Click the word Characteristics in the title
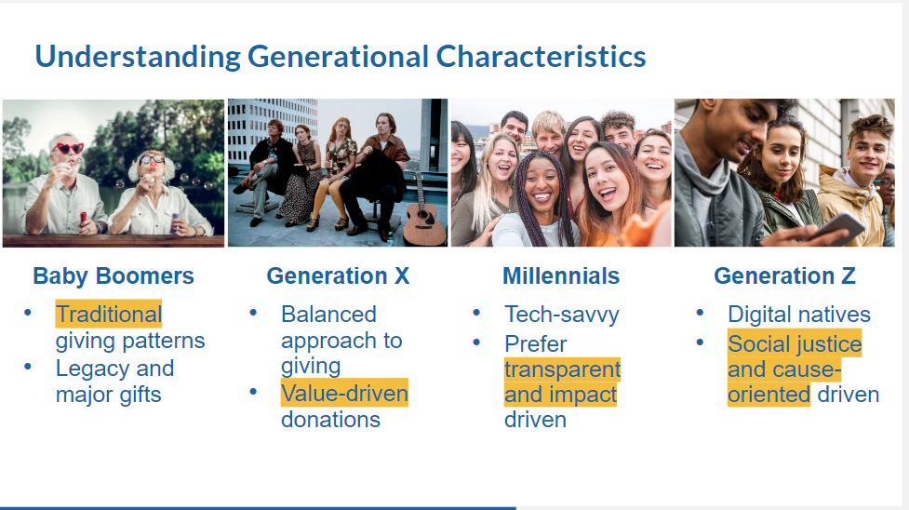pyautogui.click(x=541, y=56)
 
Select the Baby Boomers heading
pyautogui.click(x=114, y=275)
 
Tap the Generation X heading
pyautogui.click(x=338, y=275)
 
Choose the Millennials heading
pyautogui.click(x=561, y=275)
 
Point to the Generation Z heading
pyautogui.click(x=784, y=275)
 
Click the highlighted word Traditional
pyautogui.click(x=109, y=314)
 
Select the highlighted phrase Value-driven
pyautogui.click(x=344, y=394)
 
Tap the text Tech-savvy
pyautogui.click(x=562, y=315)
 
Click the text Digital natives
pyautogui.click(x=799, y=314)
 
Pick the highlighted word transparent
pyautogui.click(x=562, y=369)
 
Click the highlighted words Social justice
pyautogui.click(x=795, y=343)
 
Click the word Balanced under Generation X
pyautogui.click(x=328, y=314)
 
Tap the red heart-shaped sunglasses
pyautogui.click(x=69, y=149)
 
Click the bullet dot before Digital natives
pyautogui.click(x=700, y=313)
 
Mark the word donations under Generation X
pyautogui.click(x=330, y=420)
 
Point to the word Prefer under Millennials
pyautogui.click(x=535, y=344)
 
